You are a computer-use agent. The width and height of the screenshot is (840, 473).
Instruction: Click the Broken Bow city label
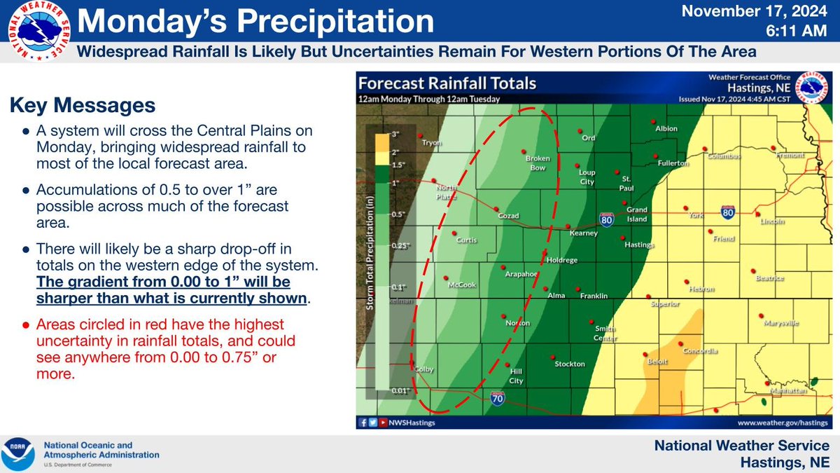coord(537,163)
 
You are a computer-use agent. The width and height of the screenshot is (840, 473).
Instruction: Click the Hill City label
coord(515,376)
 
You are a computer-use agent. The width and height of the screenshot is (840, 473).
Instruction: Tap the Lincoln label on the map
coord(771,222)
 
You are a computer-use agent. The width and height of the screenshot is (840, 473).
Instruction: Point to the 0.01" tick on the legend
coord(399,391)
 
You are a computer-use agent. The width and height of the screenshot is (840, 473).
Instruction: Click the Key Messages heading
coord(82,107)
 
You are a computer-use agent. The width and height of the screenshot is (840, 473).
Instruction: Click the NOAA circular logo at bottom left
coord(19,454)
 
